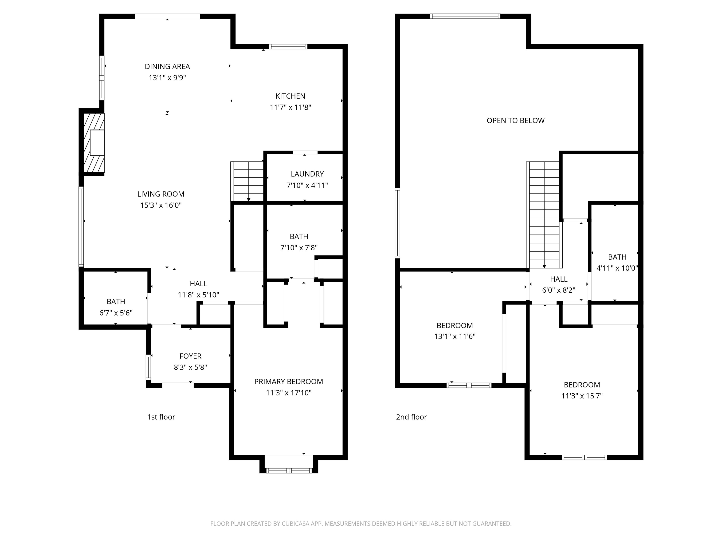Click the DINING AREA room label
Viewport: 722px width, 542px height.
click(167, 66)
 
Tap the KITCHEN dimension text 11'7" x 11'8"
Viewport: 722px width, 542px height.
click(290, 107)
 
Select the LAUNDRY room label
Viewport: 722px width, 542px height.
click(307, 174)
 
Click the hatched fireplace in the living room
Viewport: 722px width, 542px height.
click(94, 143)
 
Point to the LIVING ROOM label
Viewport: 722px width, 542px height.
click(161, 194)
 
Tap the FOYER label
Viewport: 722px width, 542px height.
click(190, 356)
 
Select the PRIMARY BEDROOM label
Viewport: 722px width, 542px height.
click(289, 381)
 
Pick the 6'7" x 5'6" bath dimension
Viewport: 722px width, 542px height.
click(116, 313)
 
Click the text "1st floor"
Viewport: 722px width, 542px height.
click(161, 417)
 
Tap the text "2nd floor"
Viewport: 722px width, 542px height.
click(411, 417)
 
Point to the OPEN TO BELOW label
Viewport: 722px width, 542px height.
click(515, 120)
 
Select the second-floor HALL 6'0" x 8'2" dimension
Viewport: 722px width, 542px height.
click(558, 290)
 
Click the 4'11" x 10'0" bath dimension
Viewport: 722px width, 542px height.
click(617, 268)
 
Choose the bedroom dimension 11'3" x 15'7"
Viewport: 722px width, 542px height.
click(582, 396)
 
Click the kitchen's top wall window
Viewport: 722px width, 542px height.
click(288, 46)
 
